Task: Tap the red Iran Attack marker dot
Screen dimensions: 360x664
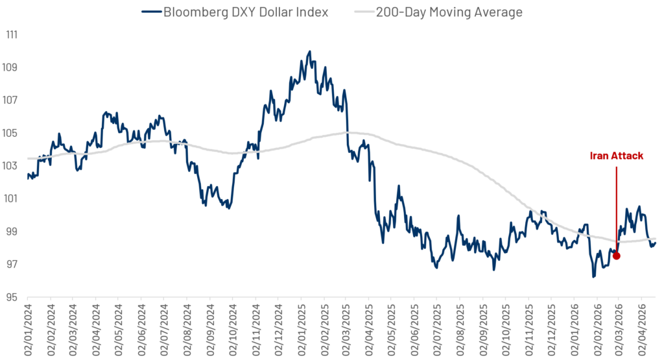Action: point(617,256)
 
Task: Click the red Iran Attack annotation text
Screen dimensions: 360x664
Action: point(616,156)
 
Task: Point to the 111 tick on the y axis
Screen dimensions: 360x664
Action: point(11,34)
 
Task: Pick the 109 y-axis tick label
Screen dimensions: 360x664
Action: point(11,67)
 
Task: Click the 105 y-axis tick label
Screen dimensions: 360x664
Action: point(11,133)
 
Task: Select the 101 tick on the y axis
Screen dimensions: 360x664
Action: point(11,198)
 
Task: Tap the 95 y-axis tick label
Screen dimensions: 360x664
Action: point(12,297)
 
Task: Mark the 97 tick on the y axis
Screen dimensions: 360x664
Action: point(12,264)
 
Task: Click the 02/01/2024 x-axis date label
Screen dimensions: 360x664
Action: point(29,328)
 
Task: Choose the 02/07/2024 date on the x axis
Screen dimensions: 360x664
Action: point(164,328)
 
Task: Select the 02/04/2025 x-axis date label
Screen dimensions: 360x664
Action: point(368,328)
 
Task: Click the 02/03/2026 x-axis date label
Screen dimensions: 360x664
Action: point(618,328)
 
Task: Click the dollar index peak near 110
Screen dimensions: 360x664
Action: point(309,51)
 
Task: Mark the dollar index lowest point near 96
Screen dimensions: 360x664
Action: point(593,277)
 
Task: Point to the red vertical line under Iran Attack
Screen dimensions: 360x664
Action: point(616,208)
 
